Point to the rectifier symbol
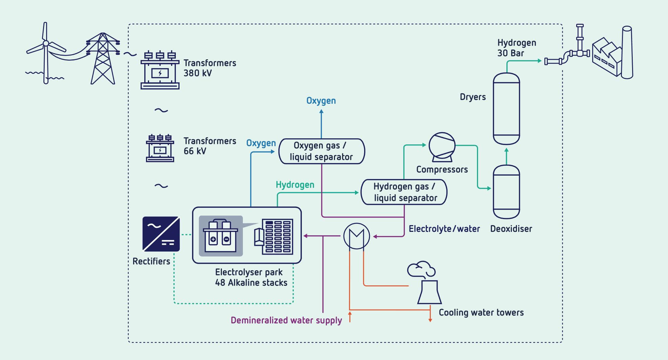coord(161,234)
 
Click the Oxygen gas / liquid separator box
coord(321,151)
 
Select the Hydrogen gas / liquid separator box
coord(404,192)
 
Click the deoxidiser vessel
coord(506,192)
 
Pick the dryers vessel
coord(506,108)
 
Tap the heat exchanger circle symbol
coord(356,236)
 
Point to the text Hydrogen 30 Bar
coord(516,48)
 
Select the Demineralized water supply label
coord(286,320)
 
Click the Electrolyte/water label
coord(444,229)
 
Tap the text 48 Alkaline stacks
coord(251,283)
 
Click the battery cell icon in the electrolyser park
coord(221,236)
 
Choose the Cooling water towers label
coord(481,313)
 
